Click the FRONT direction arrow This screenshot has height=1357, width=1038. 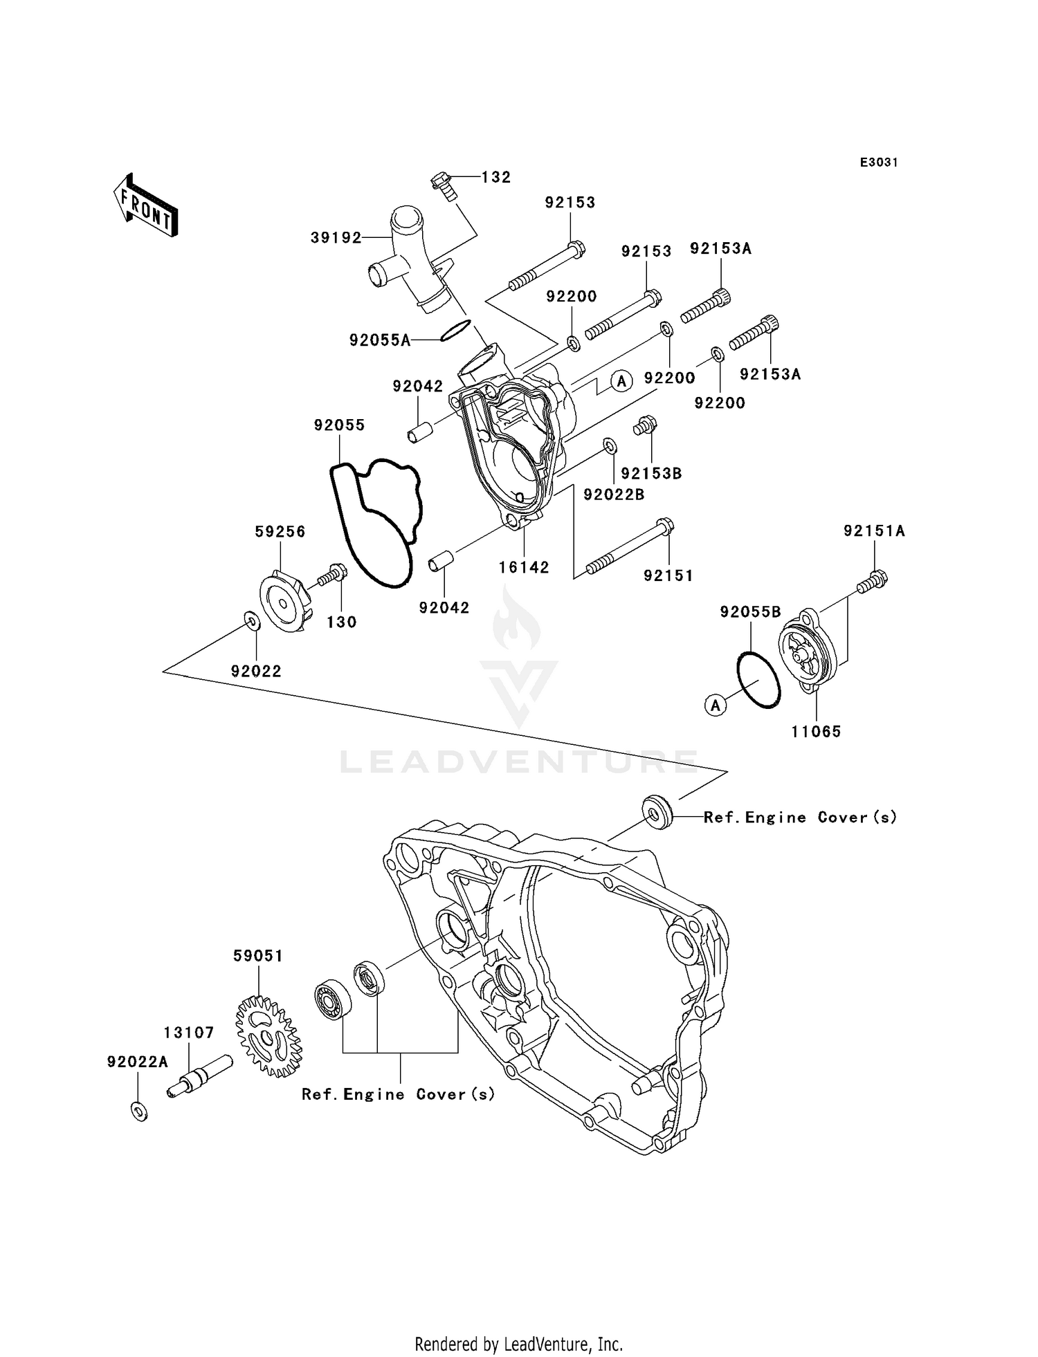(x=145, y=205)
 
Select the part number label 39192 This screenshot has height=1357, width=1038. (x=336, y=238)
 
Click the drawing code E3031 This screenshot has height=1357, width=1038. (x=879, y=163)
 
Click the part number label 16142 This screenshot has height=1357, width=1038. (x=524, y=567)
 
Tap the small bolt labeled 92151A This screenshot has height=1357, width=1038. (x=873, y=580)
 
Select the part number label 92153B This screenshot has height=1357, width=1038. (x=651, y=473)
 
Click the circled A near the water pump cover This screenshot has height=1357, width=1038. (x=621, y=380)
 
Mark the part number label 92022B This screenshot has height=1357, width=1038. (x=614, y=495)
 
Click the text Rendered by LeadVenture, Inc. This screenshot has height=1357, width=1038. (x=518, y=1344)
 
